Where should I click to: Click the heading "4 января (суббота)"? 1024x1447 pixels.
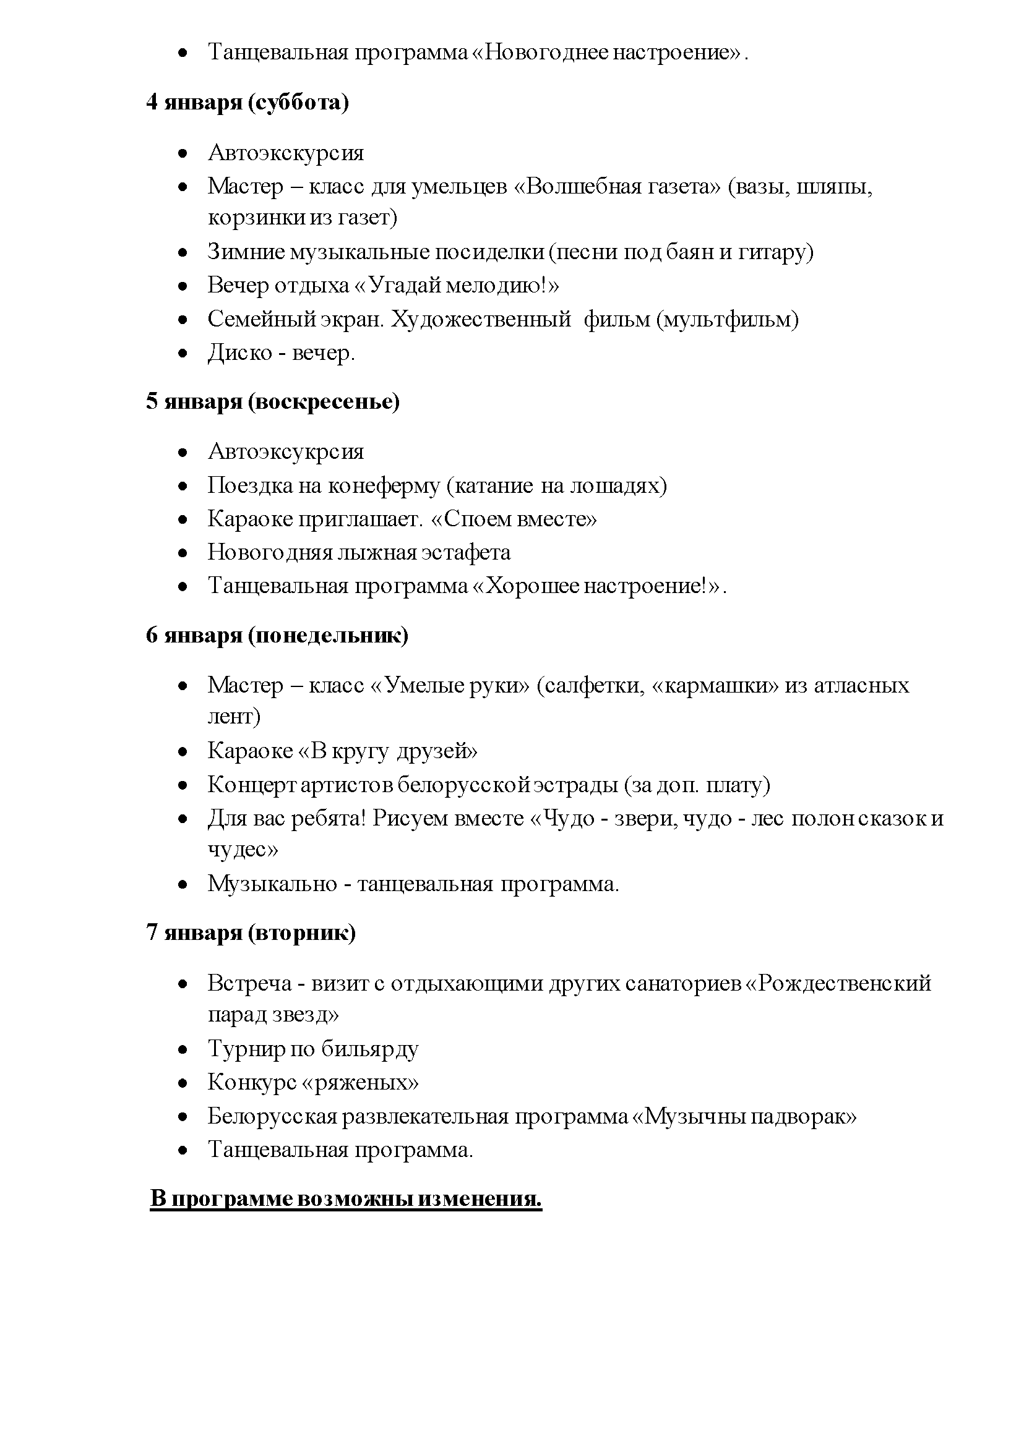tap(247, 102)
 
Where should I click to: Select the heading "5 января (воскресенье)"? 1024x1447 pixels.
tap(272, 401)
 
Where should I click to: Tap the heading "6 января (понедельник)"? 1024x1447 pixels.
tap(277, 635)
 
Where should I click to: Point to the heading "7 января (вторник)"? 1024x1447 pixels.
tap(251, 932)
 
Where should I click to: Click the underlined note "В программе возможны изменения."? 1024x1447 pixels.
tap(346, 1198)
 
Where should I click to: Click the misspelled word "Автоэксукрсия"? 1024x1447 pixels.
tap(286, 451)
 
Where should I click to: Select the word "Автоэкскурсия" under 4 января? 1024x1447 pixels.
tap(286, 153)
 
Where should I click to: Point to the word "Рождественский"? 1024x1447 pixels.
tap(845, 983)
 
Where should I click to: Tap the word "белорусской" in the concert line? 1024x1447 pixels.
tap(465, 785)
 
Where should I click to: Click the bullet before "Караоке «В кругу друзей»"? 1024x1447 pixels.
tap(183, 752)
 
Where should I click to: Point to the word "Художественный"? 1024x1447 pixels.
tap(481, 320)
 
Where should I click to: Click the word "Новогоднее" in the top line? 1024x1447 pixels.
tap(540, 52)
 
